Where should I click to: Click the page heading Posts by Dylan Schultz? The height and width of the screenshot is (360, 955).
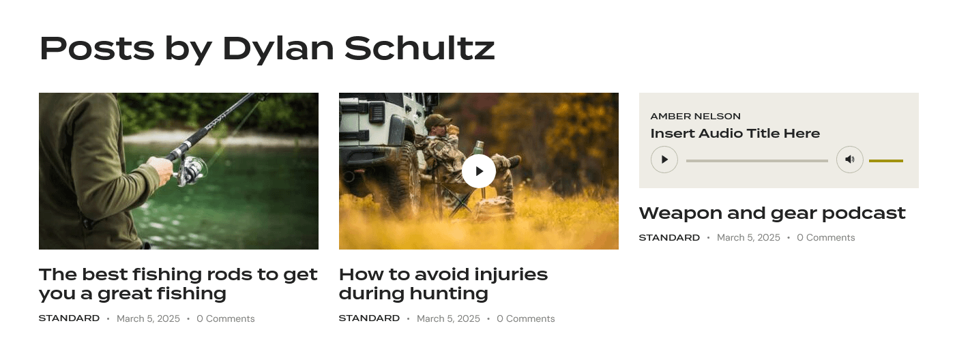pos(267,49)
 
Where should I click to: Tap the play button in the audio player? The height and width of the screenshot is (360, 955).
pos(664,160)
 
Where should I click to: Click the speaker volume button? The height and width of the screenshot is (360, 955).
pos(850,160)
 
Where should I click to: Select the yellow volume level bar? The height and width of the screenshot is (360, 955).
pos(886,161)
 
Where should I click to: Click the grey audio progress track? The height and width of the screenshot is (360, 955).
pos(756,161)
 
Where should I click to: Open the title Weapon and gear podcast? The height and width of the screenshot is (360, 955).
pos(772,213)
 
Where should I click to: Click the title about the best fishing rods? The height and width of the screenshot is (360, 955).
pos(178,284)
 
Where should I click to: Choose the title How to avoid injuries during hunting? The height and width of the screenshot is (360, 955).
pos(443,284)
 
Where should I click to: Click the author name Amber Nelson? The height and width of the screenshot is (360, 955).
pos(695,117)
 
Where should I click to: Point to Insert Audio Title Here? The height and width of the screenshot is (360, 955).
pos(735,134)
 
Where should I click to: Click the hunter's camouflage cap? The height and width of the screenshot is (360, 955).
pos(437,121)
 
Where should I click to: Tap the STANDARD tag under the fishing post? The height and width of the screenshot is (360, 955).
pos(69,318)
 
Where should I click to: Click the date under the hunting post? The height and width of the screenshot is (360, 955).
pos(448,318)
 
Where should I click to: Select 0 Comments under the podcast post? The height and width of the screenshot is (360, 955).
pos(826,238)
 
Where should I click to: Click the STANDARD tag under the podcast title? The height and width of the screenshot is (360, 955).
pos(669,237)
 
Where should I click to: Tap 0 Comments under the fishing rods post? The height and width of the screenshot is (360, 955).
pos(226,318)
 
